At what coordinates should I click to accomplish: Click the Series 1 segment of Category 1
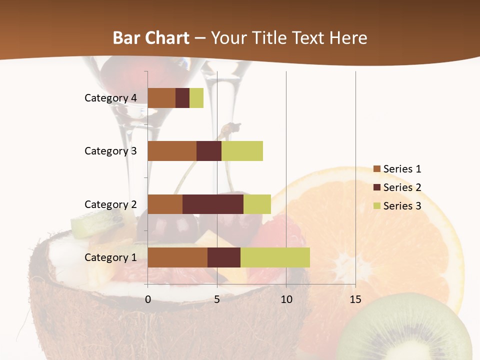point(177,257)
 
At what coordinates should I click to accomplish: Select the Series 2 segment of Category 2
point(213,204)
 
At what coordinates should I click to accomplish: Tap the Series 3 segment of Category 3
point(242,151)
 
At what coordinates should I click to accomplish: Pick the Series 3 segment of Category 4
point(196,98)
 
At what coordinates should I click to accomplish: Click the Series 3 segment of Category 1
point(275,257)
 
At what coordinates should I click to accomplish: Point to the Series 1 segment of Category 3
point(172,151)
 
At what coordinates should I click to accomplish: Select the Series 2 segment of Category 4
point(182,98)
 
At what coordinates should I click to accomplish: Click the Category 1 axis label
point(110,257)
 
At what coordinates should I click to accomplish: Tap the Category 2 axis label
point(110,204)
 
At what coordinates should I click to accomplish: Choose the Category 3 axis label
point(110,151)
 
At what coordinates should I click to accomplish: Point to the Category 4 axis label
point(110,98)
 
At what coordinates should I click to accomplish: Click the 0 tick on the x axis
point(148,299)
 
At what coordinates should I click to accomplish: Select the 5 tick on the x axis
point(217,299)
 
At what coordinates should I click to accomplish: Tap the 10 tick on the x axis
point(286,299)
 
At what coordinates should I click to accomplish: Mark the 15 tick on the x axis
point(355,299)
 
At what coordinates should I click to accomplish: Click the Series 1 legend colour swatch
point(376,169)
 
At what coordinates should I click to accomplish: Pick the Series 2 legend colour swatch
point(376,187)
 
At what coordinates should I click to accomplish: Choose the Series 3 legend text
point(402,206)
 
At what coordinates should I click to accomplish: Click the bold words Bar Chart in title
point(151,38)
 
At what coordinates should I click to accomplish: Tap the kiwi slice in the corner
point(405,330)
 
